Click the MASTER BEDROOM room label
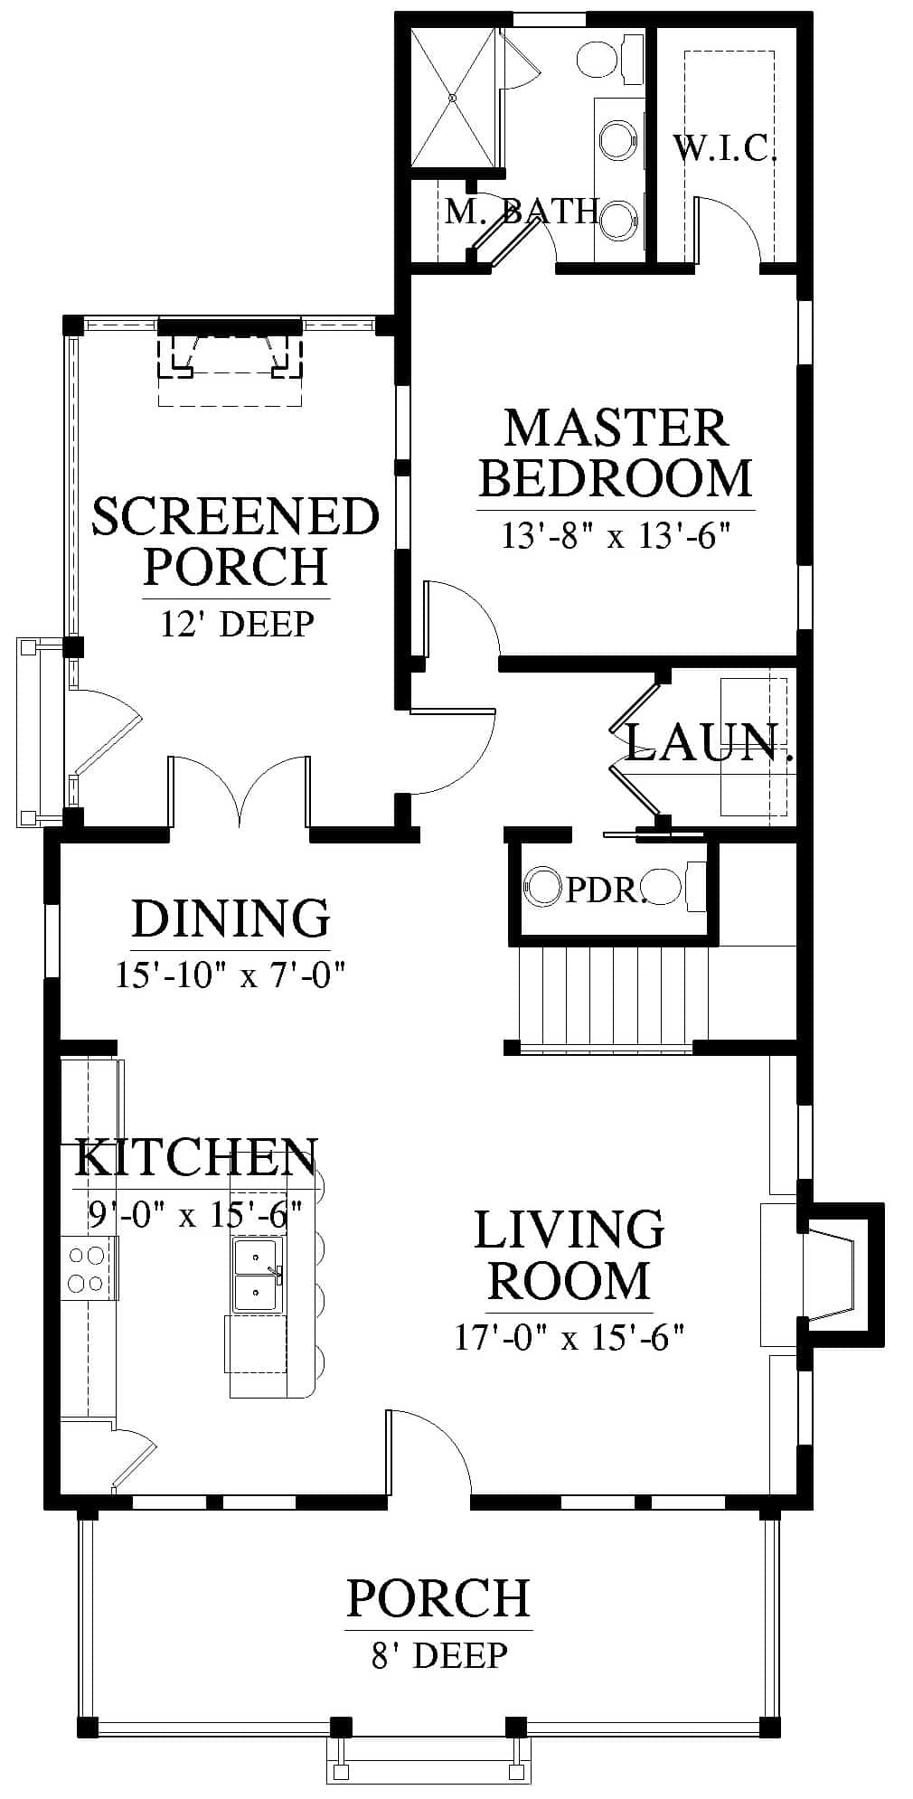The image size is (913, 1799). point(616,453)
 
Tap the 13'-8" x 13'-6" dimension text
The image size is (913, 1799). point(616,536)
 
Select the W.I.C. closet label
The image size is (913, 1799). point(725,148)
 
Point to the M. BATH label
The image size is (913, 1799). point(522,212)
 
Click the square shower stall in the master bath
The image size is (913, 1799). point(454,97)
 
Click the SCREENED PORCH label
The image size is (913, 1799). point(236,541)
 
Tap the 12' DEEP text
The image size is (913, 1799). point(238,624)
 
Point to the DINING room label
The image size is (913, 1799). point(231,918)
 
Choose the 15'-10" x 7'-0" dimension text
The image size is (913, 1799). point(231,975)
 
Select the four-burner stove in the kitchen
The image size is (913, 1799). point(89,1267)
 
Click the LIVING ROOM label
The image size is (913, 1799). point(569,1255)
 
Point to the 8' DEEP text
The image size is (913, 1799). point(439,1655)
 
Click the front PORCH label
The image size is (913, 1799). point(438,1597)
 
